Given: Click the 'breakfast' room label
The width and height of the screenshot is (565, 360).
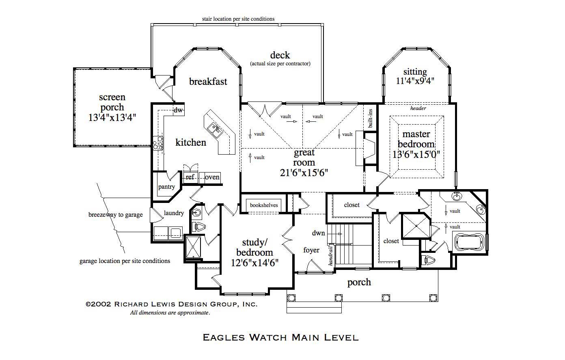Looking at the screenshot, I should (x=208, y=82).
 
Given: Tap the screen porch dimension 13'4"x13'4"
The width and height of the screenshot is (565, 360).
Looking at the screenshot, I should (x=112, y=118).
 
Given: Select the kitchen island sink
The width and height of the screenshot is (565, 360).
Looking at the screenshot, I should (x=215, y=129).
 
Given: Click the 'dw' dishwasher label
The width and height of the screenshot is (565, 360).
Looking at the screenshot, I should (x=178, y=110).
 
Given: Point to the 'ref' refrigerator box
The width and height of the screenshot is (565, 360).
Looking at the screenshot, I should (x=190, y=177).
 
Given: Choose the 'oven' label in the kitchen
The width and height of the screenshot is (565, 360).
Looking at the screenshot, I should (x=212, y=177).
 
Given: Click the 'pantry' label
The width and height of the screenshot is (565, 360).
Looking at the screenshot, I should (x=166, y=187).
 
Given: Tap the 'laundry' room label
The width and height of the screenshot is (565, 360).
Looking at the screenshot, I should (x=174, y=213).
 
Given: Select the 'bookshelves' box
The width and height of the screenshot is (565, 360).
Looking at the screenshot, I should (x=264, y=205).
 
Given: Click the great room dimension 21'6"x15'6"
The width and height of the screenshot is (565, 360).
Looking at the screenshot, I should (x=304, y=172).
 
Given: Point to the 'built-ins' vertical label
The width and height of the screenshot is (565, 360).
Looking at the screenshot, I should (x=370, y=119).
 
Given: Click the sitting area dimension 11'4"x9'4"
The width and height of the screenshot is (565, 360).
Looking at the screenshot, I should (x=415, y=80).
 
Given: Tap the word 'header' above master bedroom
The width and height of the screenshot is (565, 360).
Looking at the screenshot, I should (x=418, y=108).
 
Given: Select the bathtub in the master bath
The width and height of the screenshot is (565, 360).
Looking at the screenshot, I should (x=469, y=242).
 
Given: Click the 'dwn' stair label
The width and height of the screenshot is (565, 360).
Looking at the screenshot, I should (x=319, y=233).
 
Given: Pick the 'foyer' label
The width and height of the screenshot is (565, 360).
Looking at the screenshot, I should (x=311, y=250).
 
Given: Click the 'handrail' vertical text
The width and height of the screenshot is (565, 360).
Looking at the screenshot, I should (x=331, y=256).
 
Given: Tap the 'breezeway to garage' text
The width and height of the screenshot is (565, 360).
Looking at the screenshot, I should (x=116, y=215).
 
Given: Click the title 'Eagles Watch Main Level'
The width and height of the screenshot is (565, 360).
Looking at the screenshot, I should (x=280, y=337).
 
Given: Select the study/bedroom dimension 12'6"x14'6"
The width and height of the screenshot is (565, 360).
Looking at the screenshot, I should (x=255, y=263).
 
